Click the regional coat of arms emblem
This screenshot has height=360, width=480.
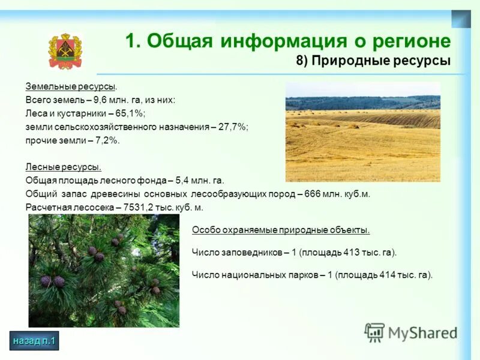(x=65, y=52)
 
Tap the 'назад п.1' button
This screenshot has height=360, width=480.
(x=34, y=341)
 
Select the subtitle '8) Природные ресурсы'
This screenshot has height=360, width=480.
(x=373, y=61)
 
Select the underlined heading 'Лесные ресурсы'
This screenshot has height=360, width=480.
(x=63, y=167)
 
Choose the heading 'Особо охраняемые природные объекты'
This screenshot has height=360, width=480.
(x=280, y=230)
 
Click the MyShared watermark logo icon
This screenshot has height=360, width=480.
(x=374, y=332)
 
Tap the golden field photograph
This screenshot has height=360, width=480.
(x=362, y=132)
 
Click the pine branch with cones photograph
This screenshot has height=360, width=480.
(x=104, y=271)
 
